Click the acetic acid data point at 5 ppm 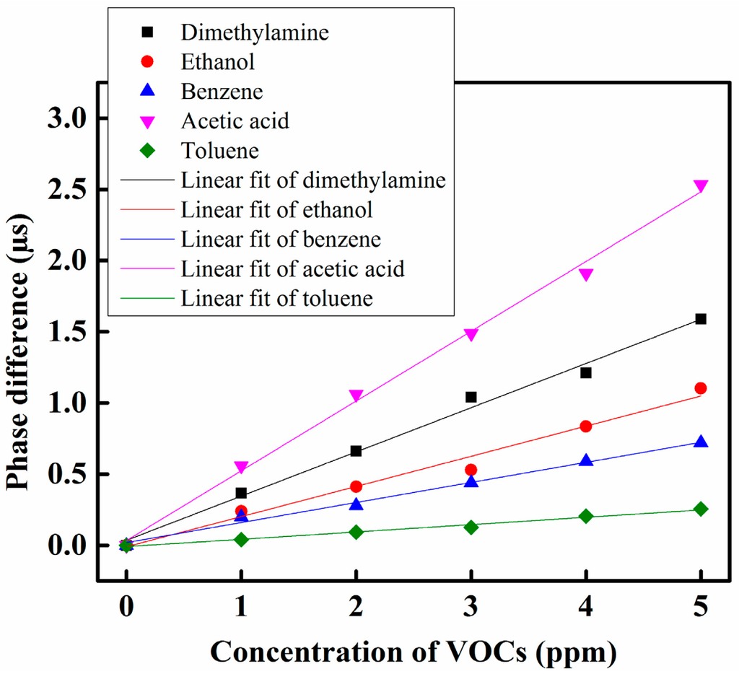(700, 186)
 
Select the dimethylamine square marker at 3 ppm (471, 397)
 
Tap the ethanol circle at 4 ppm (586, 426)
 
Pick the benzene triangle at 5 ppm (700, 442)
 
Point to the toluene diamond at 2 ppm (356, 532)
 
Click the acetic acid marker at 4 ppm (586, 274)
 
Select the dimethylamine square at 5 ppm (700, 319)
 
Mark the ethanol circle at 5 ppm (700, 388)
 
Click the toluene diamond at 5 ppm (700, 509)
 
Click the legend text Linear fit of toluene (278, 298)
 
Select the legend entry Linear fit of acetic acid (293, 268)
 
